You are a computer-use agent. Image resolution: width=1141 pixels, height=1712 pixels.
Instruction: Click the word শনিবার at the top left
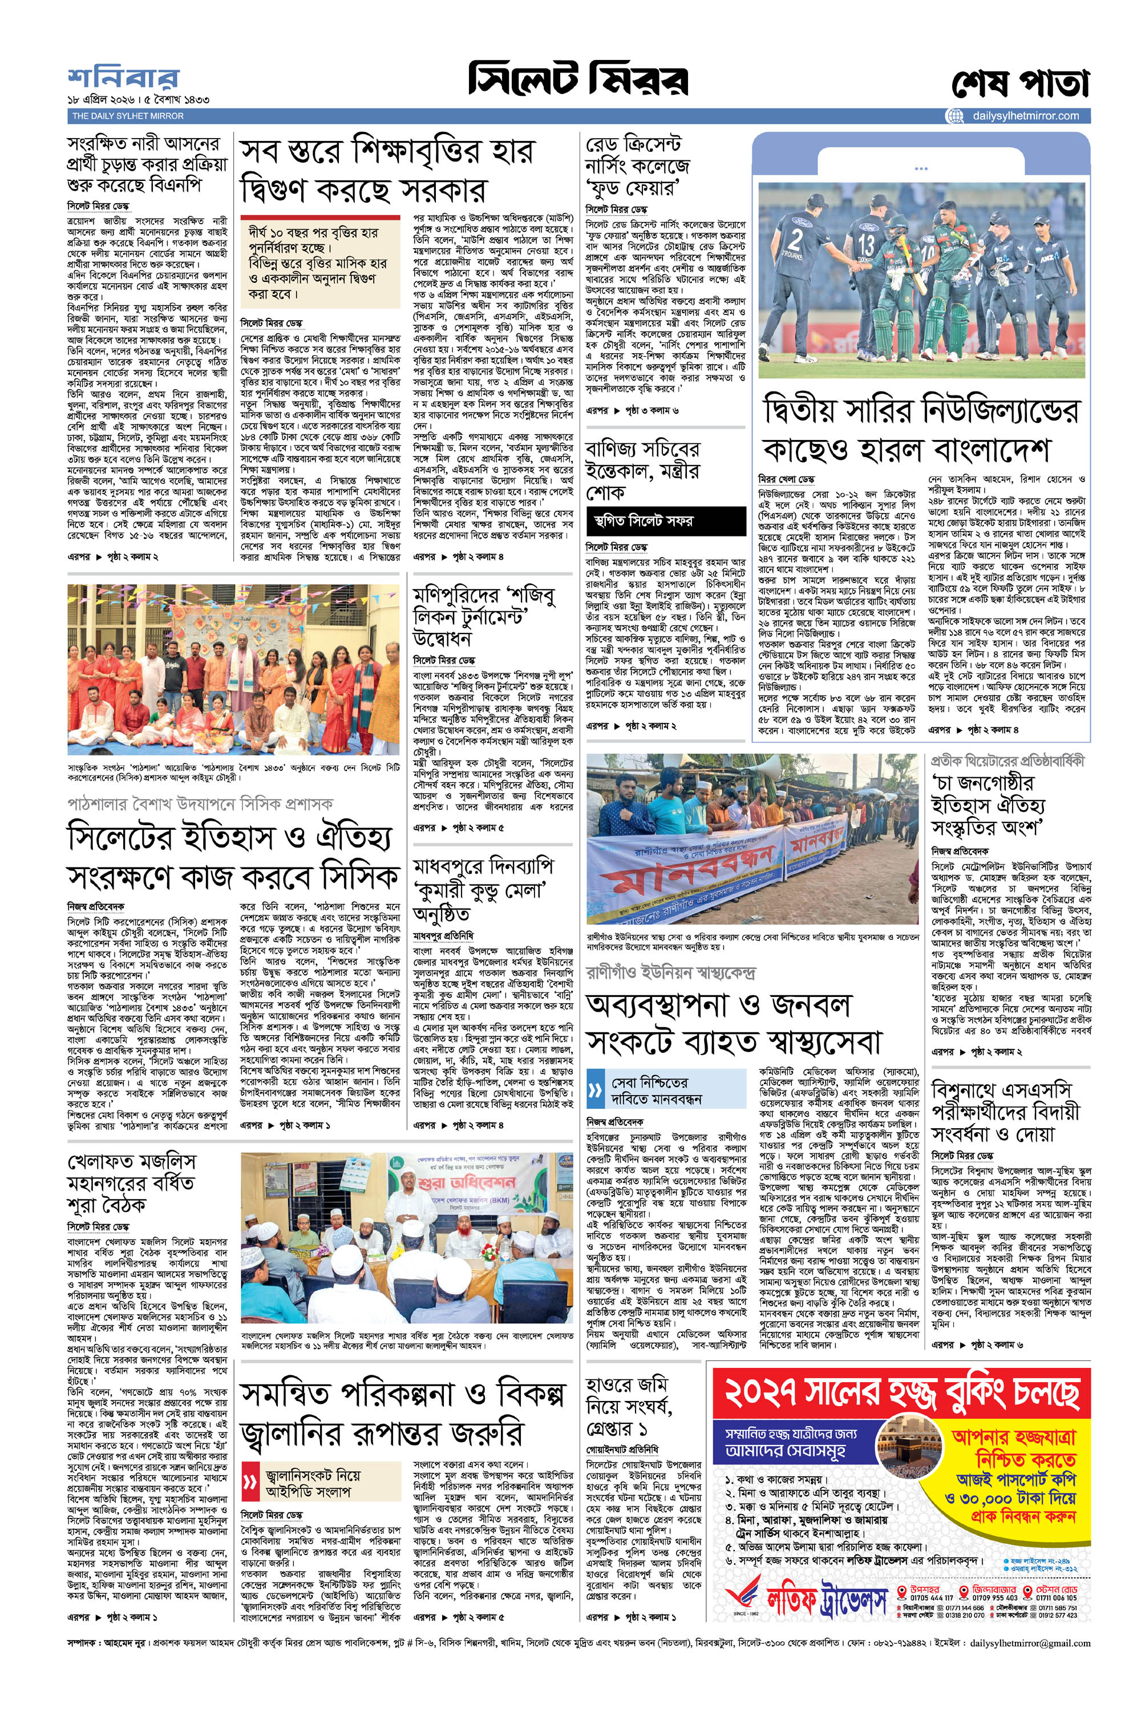123,78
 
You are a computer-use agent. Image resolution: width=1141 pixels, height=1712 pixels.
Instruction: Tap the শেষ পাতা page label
1020,84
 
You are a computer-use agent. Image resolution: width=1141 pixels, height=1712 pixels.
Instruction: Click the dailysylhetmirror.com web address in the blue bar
1025,116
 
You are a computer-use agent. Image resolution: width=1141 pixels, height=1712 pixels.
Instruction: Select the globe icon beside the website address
954,116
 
